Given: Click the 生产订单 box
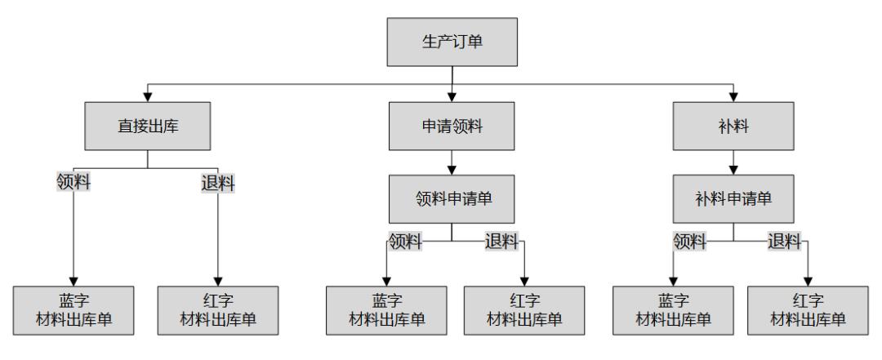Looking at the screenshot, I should coord(452,42).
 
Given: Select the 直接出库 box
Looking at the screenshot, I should coord(146,127).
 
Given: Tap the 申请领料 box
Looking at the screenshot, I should coord(452,127).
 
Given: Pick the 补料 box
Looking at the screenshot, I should coord(733,127).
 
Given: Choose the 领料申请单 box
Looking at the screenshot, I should coord(452,199).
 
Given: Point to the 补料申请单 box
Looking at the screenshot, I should coord(733,199).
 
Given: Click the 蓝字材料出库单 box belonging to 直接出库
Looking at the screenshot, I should coord(74,310).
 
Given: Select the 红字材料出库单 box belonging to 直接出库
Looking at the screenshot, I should coord(218,310).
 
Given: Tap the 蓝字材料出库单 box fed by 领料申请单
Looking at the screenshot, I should coord(386,310).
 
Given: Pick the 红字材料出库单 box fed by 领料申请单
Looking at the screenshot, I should coord(524,310).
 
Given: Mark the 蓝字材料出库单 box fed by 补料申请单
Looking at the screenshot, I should coord(673,310).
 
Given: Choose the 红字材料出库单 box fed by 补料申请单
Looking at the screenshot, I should coord(808,310).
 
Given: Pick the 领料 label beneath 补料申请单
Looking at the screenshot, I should coord(691,241).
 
